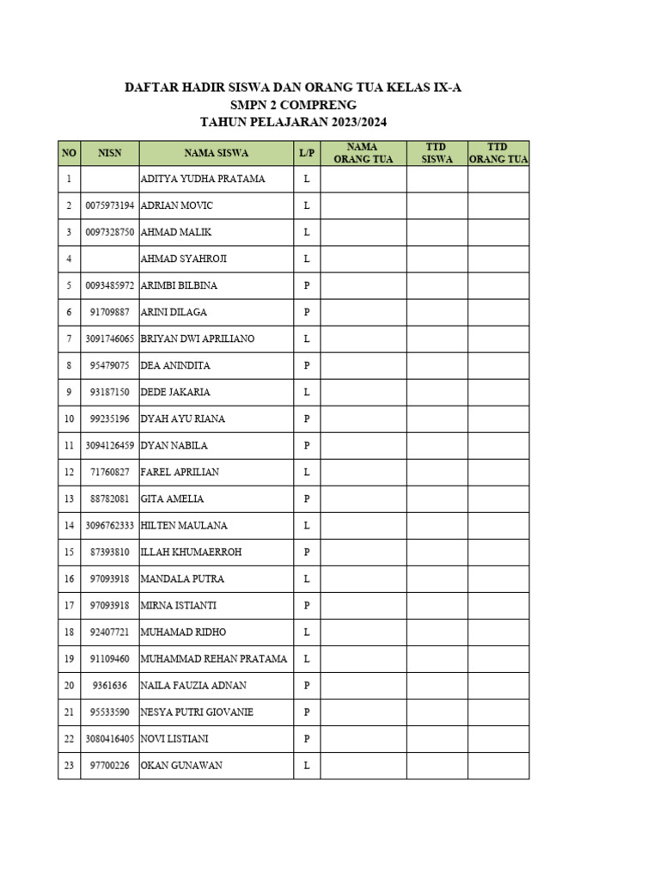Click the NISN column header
[110, 153]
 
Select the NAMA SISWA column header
[216, 153]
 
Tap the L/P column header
[306, 153]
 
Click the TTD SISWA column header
[437, 153]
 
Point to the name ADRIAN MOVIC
[176, 205]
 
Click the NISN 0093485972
[110, 285]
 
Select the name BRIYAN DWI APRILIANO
[197, 339]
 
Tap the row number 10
[69, 419]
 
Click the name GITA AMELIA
[171, 498]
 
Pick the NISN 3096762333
[110, 525]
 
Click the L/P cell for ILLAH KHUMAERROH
[306, 552]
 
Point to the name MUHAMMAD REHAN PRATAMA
[213, 658]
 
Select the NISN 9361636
[110, 685]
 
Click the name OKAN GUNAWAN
[180, 765]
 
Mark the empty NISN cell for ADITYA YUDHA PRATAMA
[110, 179]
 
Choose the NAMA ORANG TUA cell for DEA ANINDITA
[363, 365]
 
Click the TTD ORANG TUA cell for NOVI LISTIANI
[498, 738]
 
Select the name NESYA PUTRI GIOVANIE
[196, 712]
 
